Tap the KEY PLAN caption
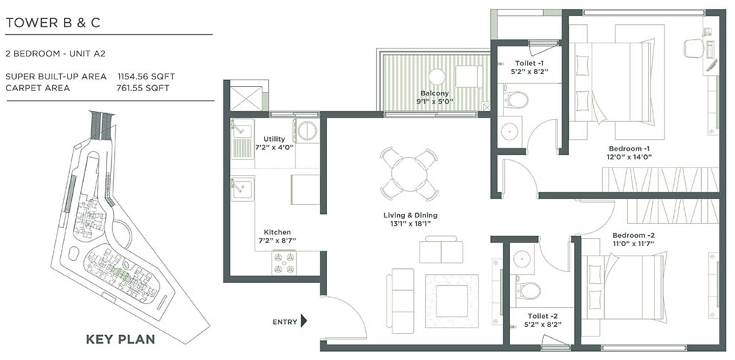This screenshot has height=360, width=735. (x=120, y=339)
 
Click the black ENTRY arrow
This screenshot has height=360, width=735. (x=304, y=321)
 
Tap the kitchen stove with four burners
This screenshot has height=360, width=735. (x=284, y=261)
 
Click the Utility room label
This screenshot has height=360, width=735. (x=274, y=139)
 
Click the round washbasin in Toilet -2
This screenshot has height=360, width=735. (x=523, y=259)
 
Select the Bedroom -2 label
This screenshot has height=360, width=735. (x=633, y=235)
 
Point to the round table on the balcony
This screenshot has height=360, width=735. (x=437, y=76)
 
